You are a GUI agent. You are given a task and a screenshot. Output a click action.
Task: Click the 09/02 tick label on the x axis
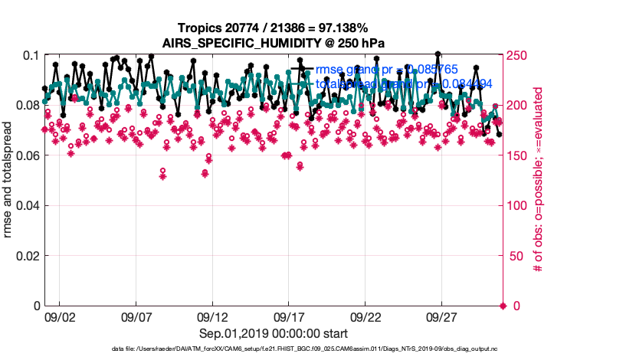60,316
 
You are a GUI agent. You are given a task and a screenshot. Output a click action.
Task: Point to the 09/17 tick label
290,316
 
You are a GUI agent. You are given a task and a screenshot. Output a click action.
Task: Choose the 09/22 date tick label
366,316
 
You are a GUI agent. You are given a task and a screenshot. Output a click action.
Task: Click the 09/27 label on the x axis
443,316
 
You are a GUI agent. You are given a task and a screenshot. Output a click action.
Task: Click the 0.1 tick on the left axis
30,56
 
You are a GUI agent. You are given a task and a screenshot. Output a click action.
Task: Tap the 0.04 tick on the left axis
26,206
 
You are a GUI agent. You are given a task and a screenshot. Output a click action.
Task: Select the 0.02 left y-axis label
26,256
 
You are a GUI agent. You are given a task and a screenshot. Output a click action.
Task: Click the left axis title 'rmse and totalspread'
8,181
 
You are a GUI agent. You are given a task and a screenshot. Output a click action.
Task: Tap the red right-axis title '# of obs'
538,181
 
